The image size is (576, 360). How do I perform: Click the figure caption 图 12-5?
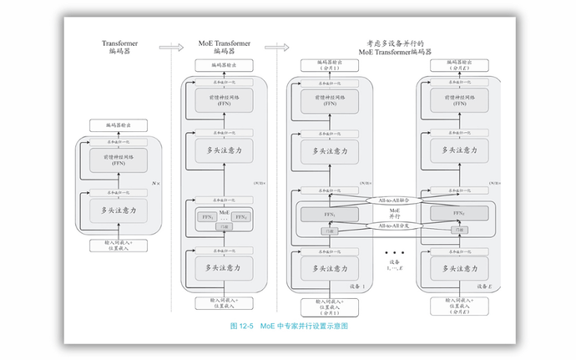[243, 326]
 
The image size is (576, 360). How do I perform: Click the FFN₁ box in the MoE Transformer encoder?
[203, 217]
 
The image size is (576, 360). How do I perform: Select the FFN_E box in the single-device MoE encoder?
[242, 217]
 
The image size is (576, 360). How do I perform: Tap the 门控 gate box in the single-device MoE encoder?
[223, 226]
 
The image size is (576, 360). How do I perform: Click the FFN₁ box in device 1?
[329, 215]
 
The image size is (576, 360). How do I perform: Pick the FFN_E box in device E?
[458, 215]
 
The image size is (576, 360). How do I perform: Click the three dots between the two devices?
[393, 251]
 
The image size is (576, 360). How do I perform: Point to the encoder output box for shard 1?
[329, 64]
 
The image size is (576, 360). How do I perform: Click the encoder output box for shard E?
[458, 64]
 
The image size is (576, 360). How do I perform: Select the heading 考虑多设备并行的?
[395, 42]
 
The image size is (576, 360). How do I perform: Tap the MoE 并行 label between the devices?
[395, 213]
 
